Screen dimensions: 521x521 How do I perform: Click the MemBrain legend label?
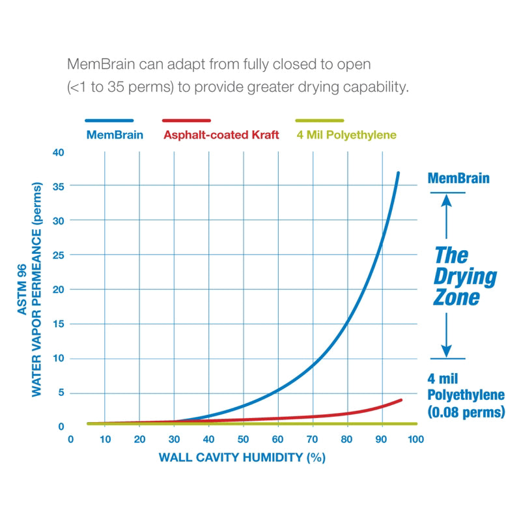[x=109, y=135]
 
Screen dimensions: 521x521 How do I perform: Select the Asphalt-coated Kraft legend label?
[x=221, y=135]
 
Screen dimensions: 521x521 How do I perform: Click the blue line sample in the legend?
[x=109, y=120]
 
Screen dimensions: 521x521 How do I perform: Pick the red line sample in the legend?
[x=186, y=120]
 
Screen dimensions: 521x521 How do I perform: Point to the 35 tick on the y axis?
[x=60, y=186]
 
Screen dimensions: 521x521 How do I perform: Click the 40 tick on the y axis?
[x=60, y=152]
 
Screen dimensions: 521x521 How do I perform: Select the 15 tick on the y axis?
[x=60, y=324]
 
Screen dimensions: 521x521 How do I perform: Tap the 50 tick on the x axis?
[x=243, y=440]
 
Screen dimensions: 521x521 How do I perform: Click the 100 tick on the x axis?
[x=415, y=440]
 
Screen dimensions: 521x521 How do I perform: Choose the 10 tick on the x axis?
[x=106, y=440]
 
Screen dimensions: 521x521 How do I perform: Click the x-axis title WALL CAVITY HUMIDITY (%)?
[x=242, y=457]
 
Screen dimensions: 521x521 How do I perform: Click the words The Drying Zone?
[x=465, y=275]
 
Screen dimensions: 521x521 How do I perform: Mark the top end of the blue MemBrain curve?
[x=398, y=173]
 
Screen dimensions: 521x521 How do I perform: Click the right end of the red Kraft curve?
[x=401, y=400]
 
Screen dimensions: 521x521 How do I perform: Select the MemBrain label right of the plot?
[x=458, y=178]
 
